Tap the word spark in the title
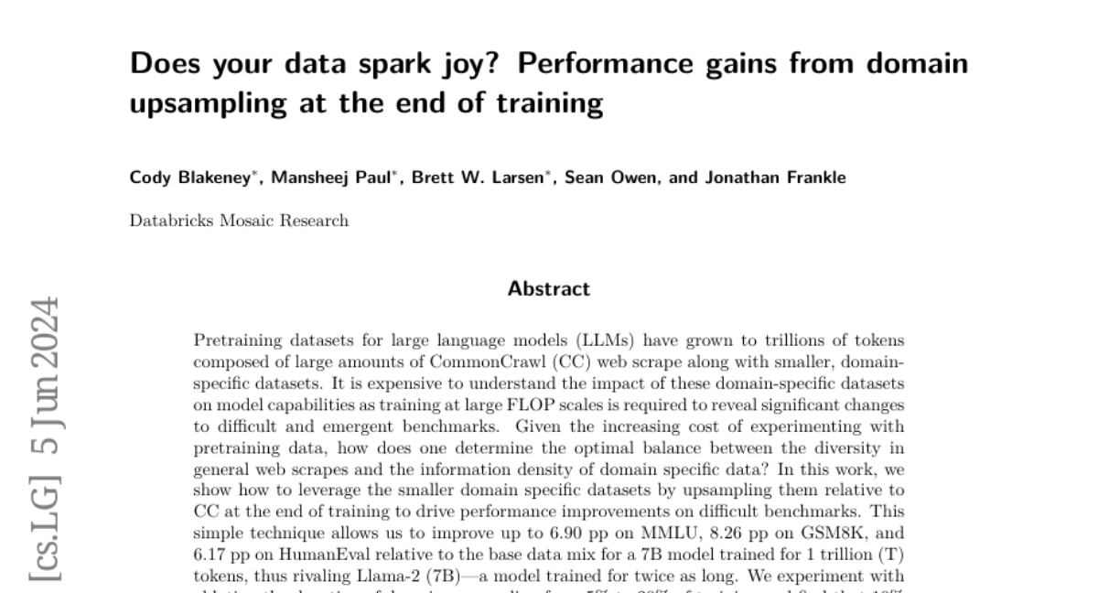(x=361, y=65)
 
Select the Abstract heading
(x=549, y=289)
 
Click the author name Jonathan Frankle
(x=775, y=178)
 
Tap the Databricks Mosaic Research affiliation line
(x=239, y=221)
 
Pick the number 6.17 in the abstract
(x=211, y=555)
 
